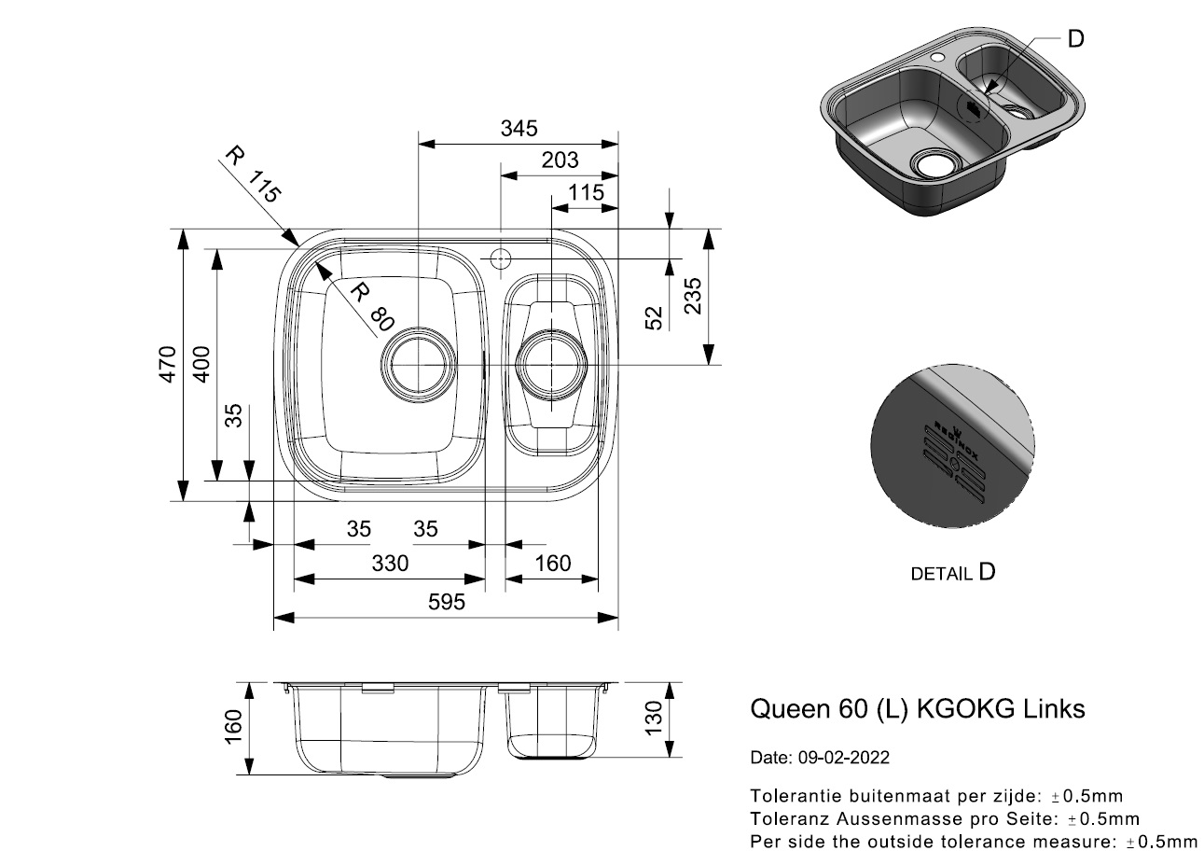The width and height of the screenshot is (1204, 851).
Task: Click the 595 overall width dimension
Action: click(446, 603)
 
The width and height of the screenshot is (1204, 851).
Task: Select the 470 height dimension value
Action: click(166, 364)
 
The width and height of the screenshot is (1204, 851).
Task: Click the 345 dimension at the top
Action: click(518, 129)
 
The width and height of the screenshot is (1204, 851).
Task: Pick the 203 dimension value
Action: click(559, 160)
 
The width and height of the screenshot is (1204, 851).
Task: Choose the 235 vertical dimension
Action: click(693, 295)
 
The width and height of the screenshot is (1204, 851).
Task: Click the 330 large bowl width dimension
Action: click(389, 564)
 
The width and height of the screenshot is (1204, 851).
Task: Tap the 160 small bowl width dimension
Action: click(552, 564)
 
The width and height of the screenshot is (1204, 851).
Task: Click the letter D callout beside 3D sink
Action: click(1075, 38)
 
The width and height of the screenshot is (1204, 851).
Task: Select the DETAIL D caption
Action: click(952, 572)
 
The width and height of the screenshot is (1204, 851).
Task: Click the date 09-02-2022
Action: click(844, 758)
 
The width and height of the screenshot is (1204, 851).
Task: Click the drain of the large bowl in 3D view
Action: click(930, 165)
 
